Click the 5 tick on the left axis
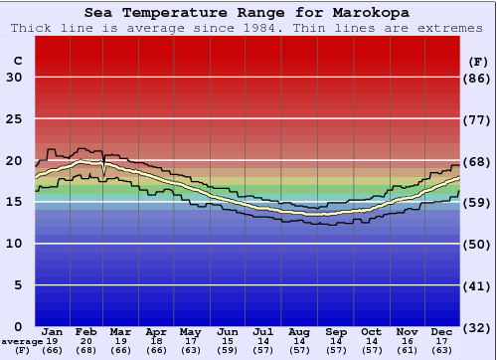coord(18,285)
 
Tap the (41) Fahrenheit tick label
coord(478,285)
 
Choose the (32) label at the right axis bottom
coord(478,327)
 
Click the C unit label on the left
coord(17,61)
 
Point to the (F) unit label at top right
coord(478,61)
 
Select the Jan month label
coord(53,332)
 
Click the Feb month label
coord(87,332)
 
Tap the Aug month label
coord(298,332)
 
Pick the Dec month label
coord(442,332)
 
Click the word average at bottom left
coord(22,341)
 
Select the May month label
coord(191,332)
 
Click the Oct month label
coord(371,332)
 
